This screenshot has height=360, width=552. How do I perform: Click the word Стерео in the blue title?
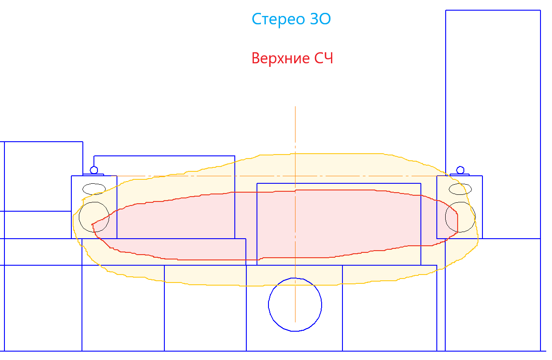click(278, 19)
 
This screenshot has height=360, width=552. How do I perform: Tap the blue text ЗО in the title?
click(320, 19)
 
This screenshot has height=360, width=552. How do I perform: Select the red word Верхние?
click(280, 58)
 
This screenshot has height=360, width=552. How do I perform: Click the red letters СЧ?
click(323, 58)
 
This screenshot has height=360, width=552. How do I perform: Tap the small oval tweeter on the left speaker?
click(94, 183)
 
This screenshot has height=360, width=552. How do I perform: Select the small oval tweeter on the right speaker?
click(460, 184)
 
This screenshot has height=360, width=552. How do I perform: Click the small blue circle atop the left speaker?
click(94, 166)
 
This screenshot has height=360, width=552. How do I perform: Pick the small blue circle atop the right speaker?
click(460, 166)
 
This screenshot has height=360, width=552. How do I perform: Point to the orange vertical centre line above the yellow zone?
click(295, 130)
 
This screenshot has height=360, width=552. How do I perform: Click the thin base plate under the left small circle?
click(93, 175)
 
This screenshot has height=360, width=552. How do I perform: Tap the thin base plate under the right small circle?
click(459, 175)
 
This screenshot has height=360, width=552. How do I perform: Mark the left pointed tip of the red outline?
click(92, 225)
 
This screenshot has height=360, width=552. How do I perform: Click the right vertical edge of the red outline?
click(458, 223)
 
